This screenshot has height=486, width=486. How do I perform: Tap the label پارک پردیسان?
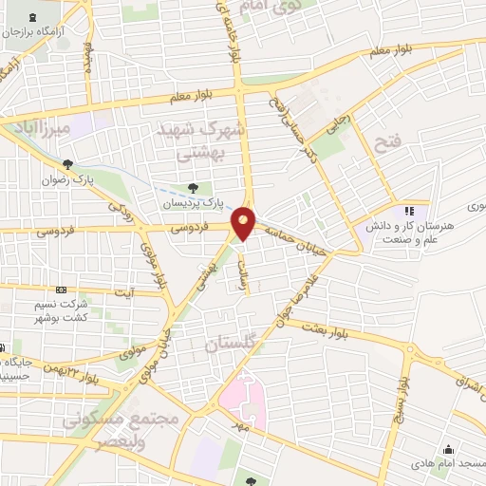pos(208,202)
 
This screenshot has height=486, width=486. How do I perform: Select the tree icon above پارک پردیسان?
pos(194,188)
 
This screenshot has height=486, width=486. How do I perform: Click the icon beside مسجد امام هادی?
pos(446,450)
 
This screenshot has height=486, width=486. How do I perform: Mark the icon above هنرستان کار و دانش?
pos(409,211)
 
